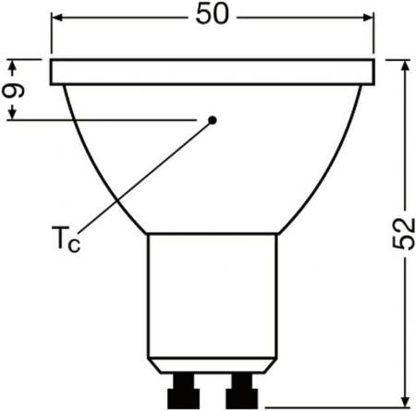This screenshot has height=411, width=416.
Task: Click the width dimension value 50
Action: (213, 16)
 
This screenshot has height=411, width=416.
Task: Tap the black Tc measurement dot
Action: (212, 119)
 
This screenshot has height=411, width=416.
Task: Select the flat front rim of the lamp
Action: (212, 71)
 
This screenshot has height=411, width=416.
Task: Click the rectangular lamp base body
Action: (212, 296)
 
